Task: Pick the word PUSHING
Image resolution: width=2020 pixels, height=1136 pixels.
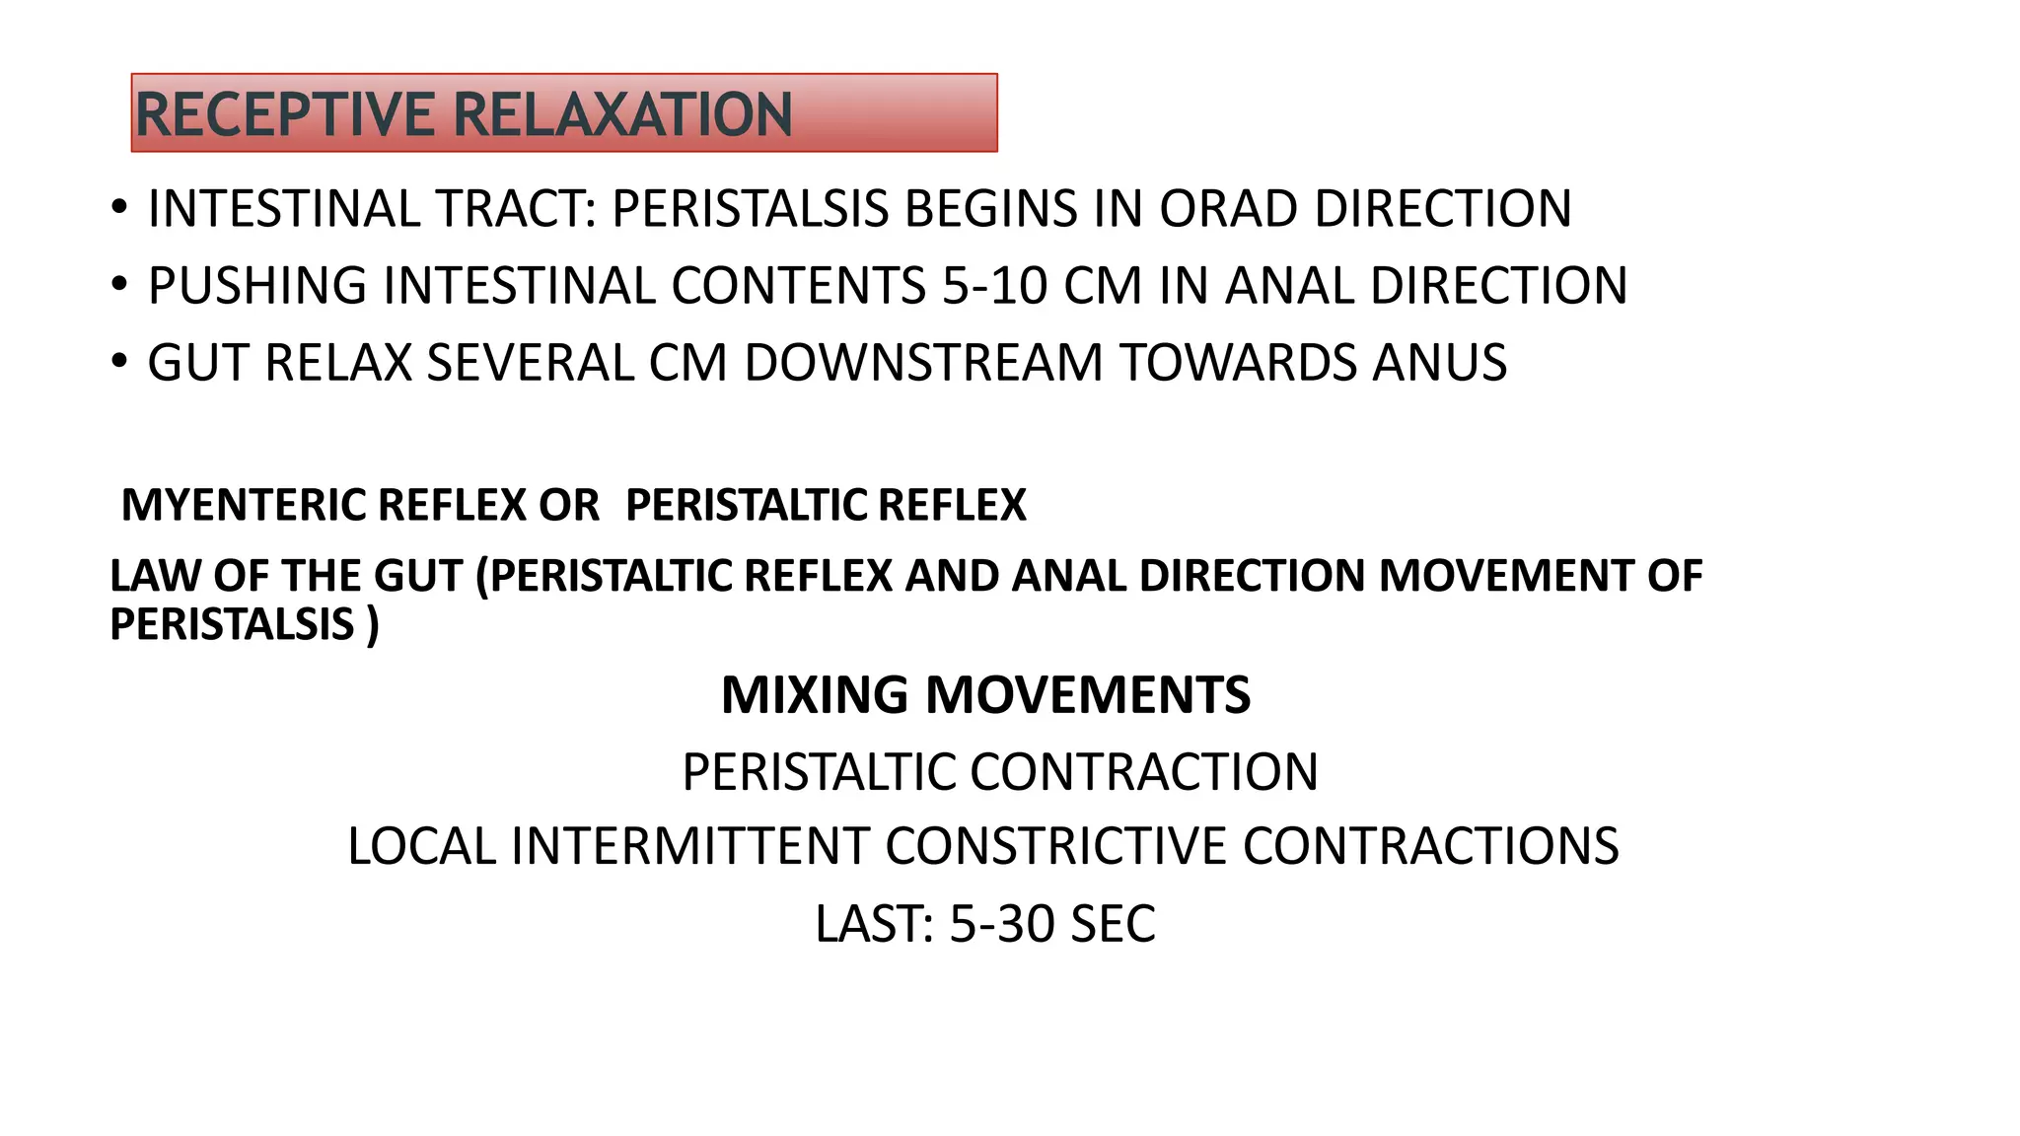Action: click(x=257, y=286)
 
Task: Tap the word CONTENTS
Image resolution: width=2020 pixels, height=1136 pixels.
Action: click(x=799, y=286)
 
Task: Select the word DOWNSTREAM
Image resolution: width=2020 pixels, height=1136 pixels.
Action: click(x=923, y=363)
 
